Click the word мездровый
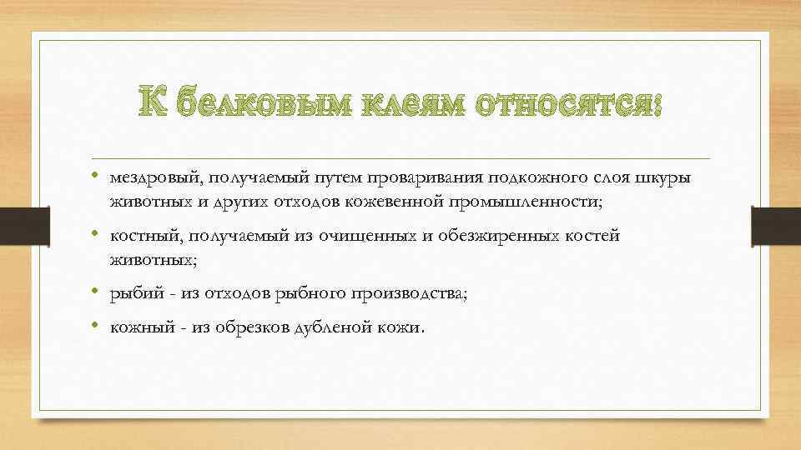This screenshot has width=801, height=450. (151, 177)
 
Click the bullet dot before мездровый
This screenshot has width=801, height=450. (97, 177)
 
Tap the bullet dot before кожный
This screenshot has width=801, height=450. (97, 327)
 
